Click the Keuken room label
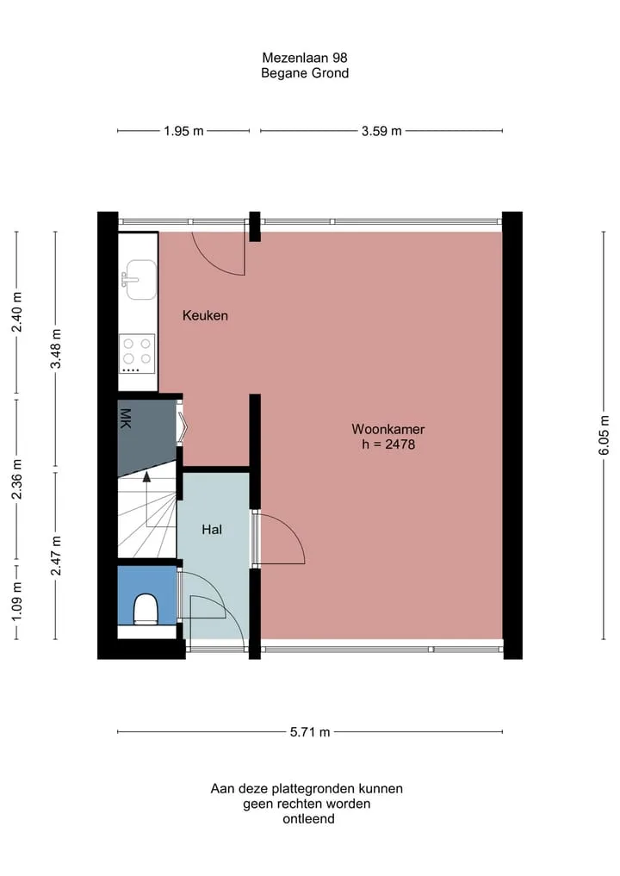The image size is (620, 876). point(205,315)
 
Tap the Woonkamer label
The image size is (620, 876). point(387,429)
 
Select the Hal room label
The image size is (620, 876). point(212,529)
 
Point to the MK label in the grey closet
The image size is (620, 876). point(125,419)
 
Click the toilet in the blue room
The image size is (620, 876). point(146,608)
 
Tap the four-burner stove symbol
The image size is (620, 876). point(137,354)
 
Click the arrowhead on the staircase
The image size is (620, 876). point(146,476)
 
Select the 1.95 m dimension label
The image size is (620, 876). point(183,131)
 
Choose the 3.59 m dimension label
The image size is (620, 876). point(381,131)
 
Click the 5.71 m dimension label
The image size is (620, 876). point(310,732)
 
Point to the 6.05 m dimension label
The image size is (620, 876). point(604,435)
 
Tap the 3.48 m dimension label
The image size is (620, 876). point(56,349)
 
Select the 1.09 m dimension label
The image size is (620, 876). point(16,601)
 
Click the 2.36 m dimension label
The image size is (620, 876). point(16,479)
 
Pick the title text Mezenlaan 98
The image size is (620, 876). point(305,58)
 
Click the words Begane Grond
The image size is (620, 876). point(305,73)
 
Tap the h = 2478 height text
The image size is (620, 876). point(388,444)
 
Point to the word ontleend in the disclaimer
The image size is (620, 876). point(308,819)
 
